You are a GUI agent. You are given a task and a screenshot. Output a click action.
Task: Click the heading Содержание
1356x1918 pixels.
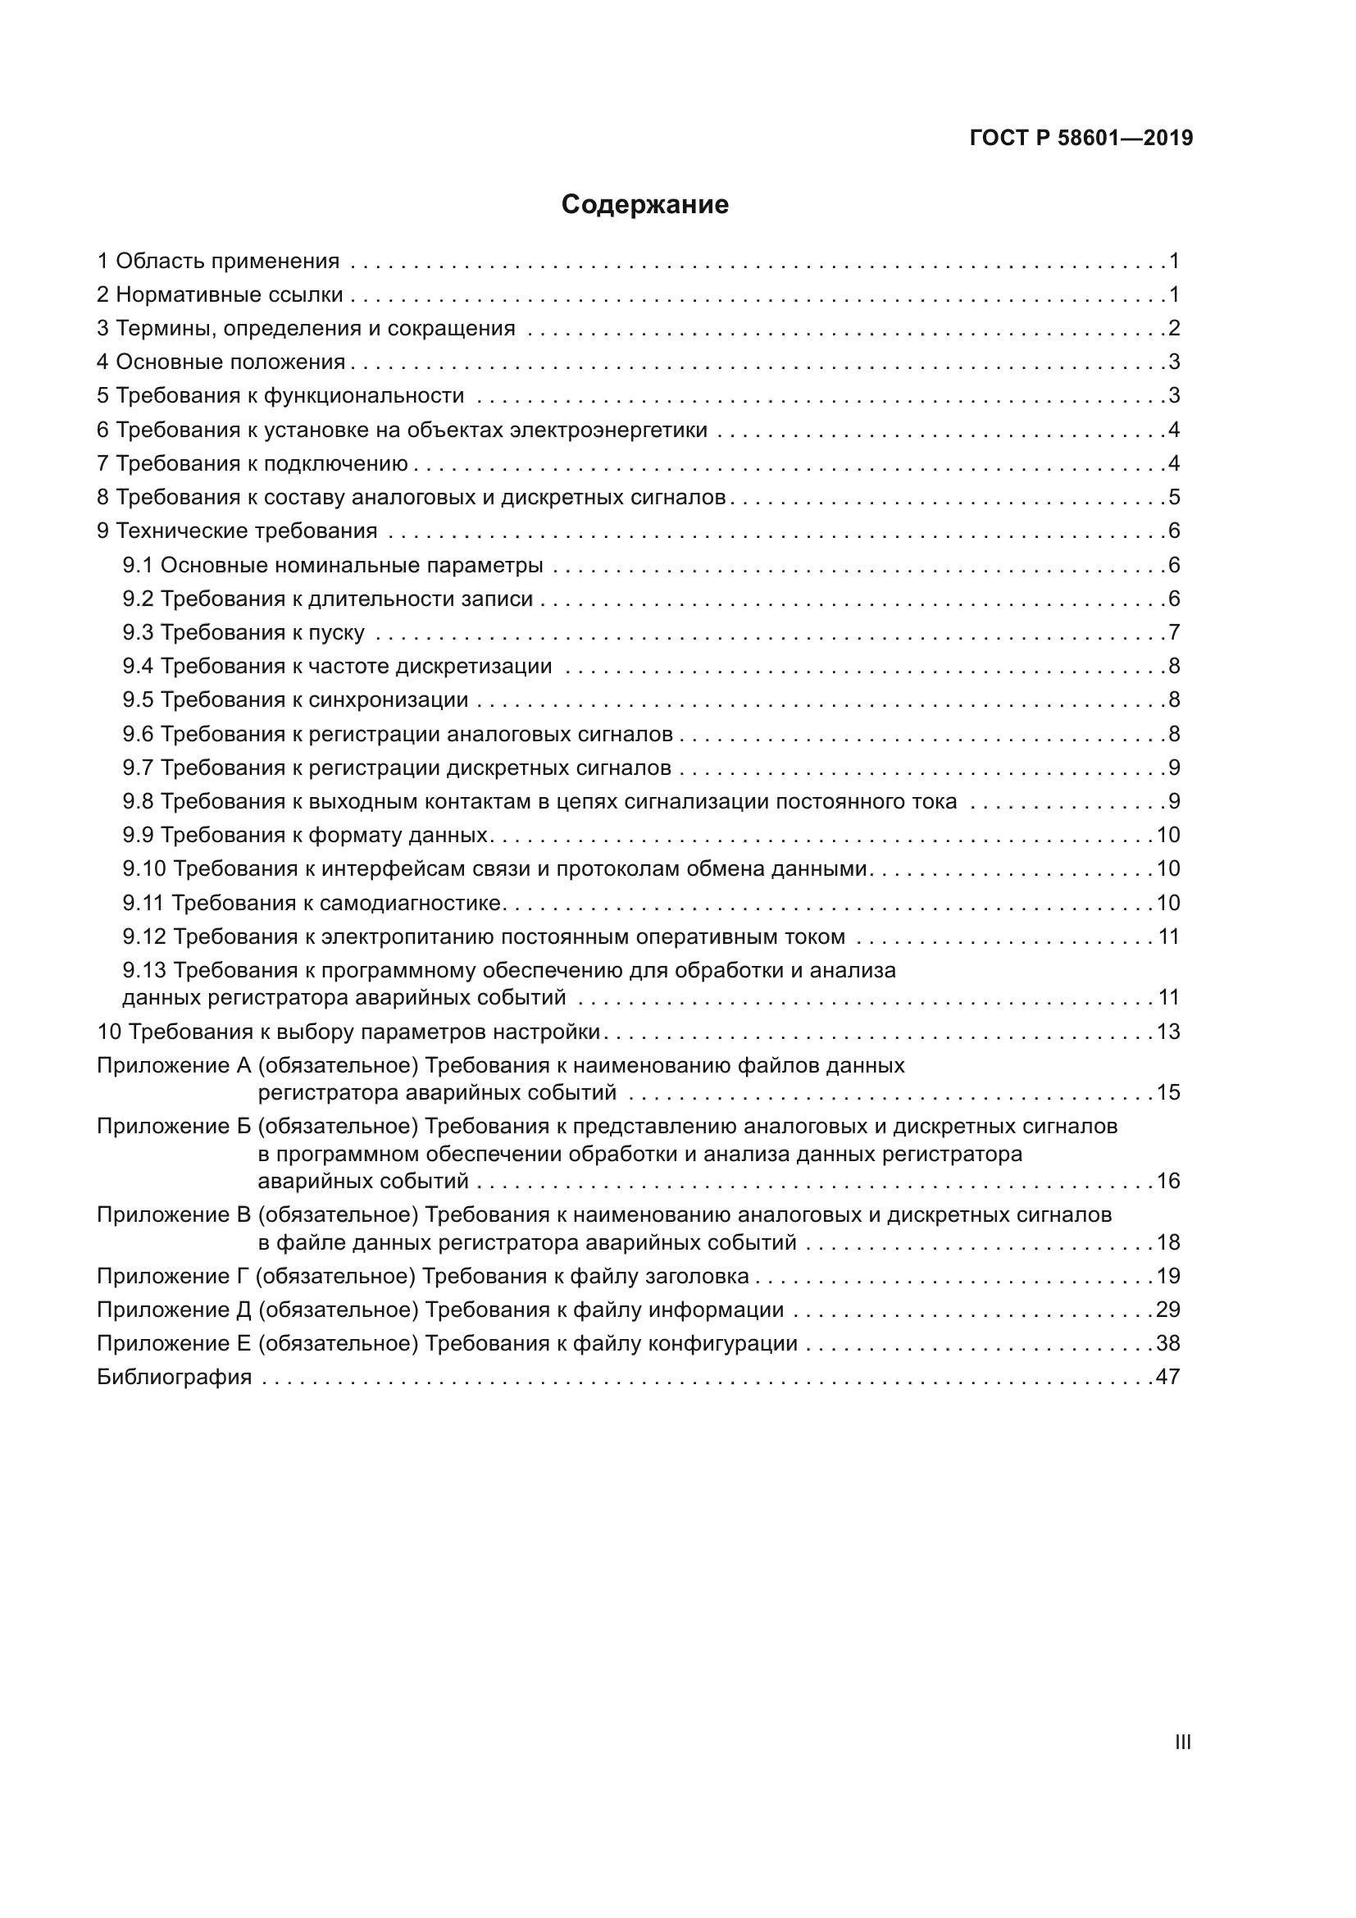tap(644, 205)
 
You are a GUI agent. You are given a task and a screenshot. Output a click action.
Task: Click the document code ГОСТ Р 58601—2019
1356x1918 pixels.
tap(1081, 139)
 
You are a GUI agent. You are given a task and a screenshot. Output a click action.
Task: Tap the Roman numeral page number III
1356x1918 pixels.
tap(1182, 1742)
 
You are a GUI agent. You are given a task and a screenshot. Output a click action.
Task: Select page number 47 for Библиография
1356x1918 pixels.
tap(1168, 1377)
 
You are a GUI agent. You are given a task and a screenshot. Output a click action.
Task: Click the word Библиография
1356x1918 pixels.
tap(175, 1377)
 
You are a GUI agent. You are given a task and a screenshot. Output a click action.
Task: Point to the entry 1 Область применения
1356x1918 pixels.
tap(219, 262)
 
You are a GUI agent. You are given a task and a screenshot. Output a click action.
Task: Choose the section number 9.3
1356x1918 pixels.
tap(138, 632)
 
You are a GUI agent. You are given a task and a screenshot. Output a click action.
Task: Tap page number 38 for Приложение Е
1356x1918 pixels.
tap(1168, 1343)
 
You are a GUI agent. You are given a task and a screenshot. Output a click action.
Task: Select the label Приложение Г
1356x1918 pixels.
tap(174, 1276)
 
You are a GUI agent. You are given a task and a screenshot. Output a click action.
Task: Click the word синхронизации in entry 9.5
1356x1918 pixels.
tap(389, 700)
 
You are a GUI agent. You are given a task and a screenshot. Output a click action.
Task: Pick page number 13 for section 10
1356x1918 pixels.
tap(1168, 1032)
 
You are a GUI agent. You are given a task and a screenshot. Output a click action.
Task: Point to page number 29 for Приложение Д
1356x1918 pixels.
tap(1168, 1309)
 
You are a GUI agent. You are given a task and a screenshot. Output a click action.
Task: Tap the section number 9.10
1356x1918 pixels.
tap(144, 868)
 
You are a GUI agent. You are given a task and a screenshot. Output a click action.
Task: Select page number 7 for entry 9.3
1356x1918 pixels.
tap(1174, 632)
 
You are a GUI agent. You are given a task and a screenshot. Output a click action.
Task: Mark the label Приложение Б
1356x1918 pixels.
tap(174, 1126)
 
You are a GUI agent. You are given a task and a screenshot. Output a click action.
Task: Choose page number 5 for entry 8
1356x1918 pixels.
tap(1174, 498)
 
